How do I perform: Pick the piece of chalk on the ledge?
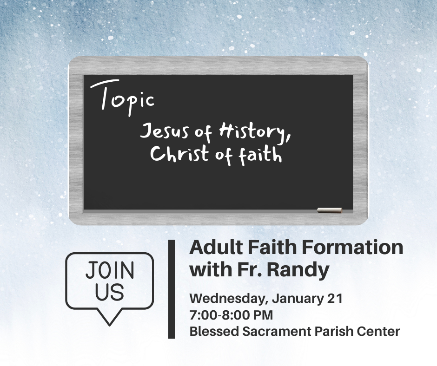(x=330, y=210)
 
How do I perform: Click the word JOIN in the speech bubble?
(x=110, y=270)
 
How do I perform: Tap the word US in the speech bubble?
(x=110, y=292)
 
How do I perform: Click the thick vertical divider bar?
(x=172, y=289)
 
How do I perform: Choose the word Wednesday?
(x=229, y=299)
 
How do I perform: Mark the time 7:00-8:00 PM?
(x=232, y=315)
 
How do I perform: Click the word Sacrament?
(x=277, y=332)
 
